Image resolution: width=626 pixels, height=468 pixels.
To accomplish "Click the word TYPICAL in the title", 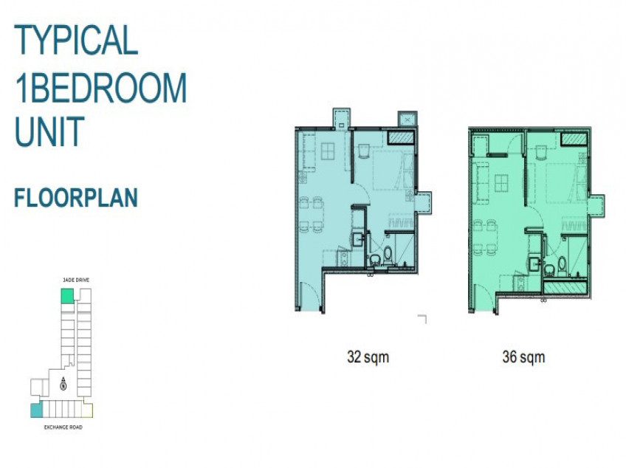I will pos(77,40).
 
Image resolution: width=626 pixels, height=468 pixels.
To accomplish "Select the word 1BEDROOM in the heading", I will pos(100,89).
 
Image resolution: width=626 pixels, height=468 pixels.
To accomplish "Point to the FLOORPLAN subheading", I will pos(76,198).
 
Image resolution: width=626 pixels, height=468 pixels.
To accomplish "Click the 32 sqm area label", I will pos(368,357).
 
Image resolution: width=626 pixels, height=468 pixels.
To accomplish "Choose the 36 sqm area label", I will pos(523,357).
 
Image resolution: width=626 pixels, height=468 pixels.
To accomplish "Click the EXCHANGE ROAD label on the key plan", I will pos(62,427).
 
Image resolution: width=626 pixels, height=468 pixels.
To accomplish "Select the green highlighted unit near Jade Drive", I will pos(67,296).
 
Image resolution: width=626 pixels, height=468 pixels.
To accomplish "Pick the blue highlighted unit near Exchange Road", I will pos(36,410).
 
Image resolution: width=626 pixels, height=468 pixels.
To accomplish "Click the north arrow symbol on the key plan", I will pos(63,382).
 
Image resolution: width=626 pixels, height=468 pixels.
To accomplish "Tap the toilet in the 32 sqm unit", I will pos(375,259).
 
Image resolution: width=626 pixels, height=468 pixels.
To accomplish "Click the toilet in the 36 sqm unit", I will pos(562,263).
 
